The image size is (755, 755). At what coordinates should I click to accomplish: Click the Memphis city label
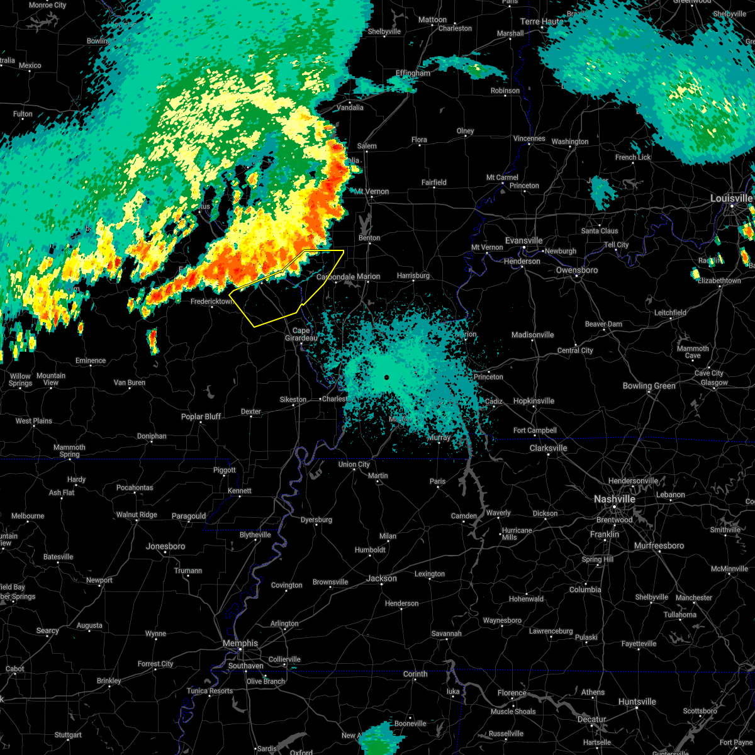[240, 643]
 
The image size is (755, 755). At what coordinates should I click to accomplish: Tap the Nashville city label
[615, 499]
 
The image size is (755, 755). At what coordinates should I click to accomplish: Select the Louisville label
[731, 198]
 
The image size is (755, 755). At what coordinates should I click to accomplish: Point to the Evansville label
[523, 240]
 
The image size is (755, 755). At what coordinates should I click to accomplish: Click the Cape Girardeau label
[301, 334]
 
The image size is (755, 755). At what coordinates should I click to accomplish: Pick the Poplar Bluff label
[201, 417]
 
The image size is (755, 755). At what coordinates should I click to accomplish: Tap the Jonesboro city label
[165, 546]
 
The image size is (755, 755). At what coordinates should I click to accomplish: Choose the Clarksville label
[548, 448]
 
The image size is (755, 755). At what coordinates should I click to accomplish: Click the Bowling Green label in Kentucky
[649, 386]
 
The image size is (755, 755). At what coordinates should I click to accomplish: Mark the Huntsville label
[637, 702]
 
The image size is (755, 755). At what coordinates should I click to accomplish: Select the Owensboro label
[577, 270]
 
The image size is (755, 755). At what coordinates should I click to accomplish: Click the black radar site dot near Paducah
[386, 377]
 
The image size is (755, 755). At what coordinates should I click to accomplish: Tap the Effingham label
[413, 73]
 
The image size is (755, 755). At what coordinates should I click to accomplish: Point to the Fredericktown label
[211, 301]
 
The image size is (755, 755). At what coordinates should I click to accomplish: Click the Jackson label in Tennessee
[381, 578]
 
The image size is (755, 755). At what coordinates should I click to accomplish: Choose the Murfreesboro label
[659, 545]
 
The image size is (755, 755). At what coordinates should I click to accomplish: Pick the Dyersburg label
[316, 520]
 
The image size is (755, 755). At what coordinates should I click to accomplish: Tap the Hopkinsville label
[534, 401]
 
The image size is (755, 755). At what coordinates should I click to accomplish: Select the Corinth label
[415, 674]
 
